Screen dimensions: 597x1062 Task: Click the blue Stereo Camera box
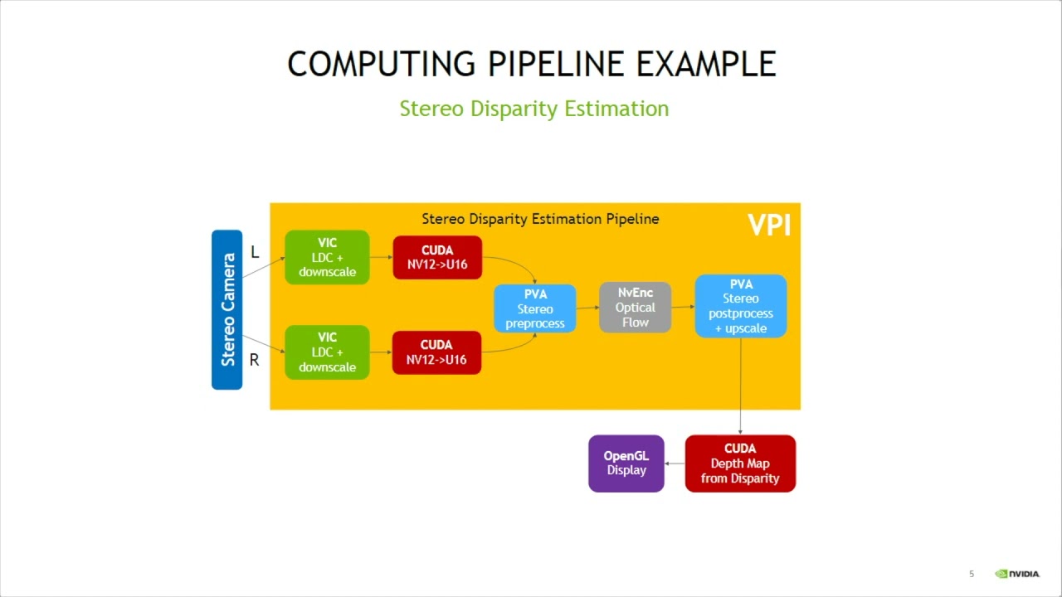click(227, 309)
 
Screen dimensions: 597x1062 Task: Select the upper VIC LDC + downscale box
click(327, 257)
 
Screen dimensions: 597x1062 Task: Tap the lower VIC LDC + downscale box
click(327, 352)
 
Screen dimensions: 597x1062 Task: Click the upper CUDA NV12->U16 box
click(436, 257)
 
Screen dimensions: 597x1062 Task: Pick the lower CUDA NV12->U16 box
click(436, 352)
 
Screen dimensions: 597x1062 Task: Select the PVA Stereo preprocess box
click(535, 308)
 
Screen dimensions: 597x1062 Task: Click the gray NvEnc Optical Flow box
click(635, 308)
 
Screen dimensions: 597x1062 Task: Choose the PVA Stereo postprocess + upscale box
click(740, 306)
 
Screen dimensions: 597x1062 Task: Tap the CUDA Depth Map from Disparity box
click(740, 464)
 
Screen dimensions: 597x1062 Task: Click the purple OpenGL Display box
click(626, 464)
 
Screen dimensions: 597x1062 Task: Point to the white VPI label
click(769, 225)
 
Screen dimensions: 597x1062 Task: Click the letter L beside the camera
click(255, 252)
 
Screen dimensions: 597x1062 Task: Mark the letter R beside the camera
click(254, 360)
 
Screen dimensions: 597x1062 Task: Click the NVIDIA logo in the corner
click(1017, 574)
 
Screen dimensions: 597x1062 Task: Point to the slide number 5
click(972, 574)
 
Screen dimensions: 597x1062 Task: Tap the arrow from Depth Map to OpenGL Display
click(675, 464)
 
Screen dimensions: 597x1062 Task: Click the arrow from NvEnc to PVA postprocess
click(683, 307)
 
